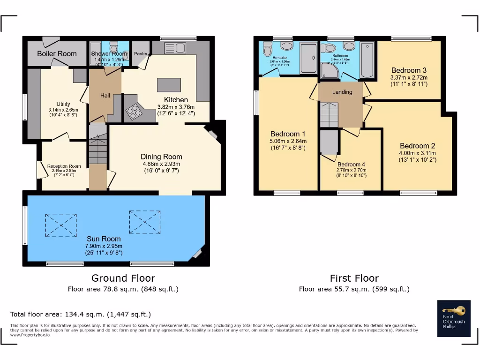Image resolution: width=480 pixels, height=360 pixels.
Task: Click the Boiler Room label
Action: tap(57, 53)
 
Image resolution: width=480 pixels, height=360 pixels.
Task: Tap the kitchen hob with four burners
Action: tap(134, 111)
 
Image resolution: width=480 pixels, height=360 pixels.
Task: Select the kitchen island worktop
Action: tap(169, 85)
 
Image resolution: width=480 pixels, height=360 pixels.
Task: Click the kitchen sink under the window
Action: tap(175, 48)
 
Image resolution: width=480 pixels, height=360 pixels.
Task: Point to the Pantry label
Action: tap(140, 53)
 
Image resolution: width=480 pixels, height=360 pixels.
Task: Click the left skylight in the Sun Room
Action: tap(61, 225)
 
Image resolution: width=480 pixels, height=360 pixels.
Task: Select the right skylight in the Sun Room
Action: tap(144, 222)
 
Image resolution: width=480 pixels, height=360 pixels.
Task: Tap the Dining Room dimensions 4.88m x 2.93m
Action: tap(161, 164)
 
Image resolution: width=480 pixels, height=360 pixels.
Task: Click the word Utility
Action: tap(63, 104)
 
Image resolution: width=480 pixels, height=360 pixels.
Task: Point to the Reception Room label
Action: tap(64, 166)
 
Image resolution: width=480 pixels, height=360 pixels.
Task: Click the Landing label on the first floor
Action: tap(342, 92)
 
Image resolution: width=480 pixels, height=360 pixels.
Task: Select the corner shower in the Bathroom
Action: tap(330, 70)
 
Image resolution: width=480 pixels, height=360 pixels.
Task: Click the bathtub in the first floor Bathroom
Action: tap(367, 60)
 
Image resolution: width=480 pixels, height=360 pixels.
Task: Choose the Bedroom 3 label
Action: tap(409, 70)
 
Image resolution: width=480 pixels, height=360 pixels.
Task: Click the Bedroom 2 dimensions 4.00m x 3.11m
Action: tap(418, 153)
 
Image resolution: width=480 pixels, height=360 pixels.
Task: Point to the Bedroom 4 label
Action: tap(351, 165)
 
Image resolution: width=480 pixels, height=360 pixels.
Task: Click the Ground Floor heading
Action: tap(123, 278)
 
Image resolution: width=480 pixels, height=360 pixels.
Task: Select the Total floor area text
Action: tap(81, 314)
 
